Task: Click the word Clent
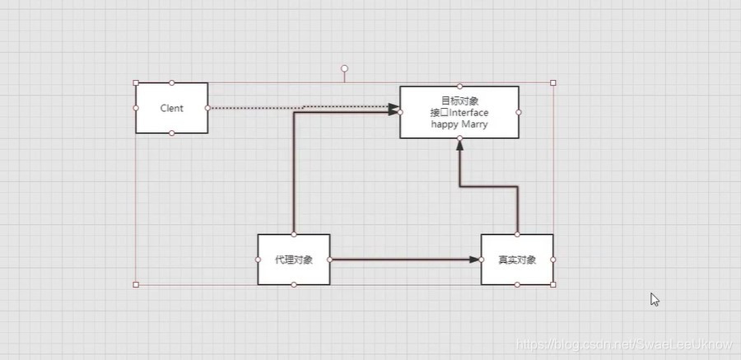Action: click(171, 108)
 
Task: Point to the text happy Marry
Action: click(459, 124)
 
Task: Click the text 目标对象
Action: click(459, 101)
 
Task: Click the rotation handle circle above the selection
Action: click(344, 69)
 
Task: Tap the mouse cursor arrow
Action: click(655, 299)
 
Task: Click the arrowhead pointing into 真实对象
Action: click(475, 259)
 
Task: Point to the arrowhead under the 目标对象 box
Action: click(459, 144)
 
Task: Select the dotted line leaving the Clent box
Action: click(255, 107)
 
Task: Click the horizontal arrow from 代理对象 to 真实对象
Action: click(403, 259)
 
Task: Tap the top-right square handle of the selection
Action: click(553, 82)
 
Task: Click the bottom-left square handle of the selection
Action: click(136, 284)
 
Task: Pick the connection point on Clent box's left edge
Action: click(136, 108)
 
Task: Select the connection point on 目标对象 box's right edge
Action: click(519, 112)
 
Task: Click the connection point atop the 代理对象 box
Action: click(294, 234)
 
